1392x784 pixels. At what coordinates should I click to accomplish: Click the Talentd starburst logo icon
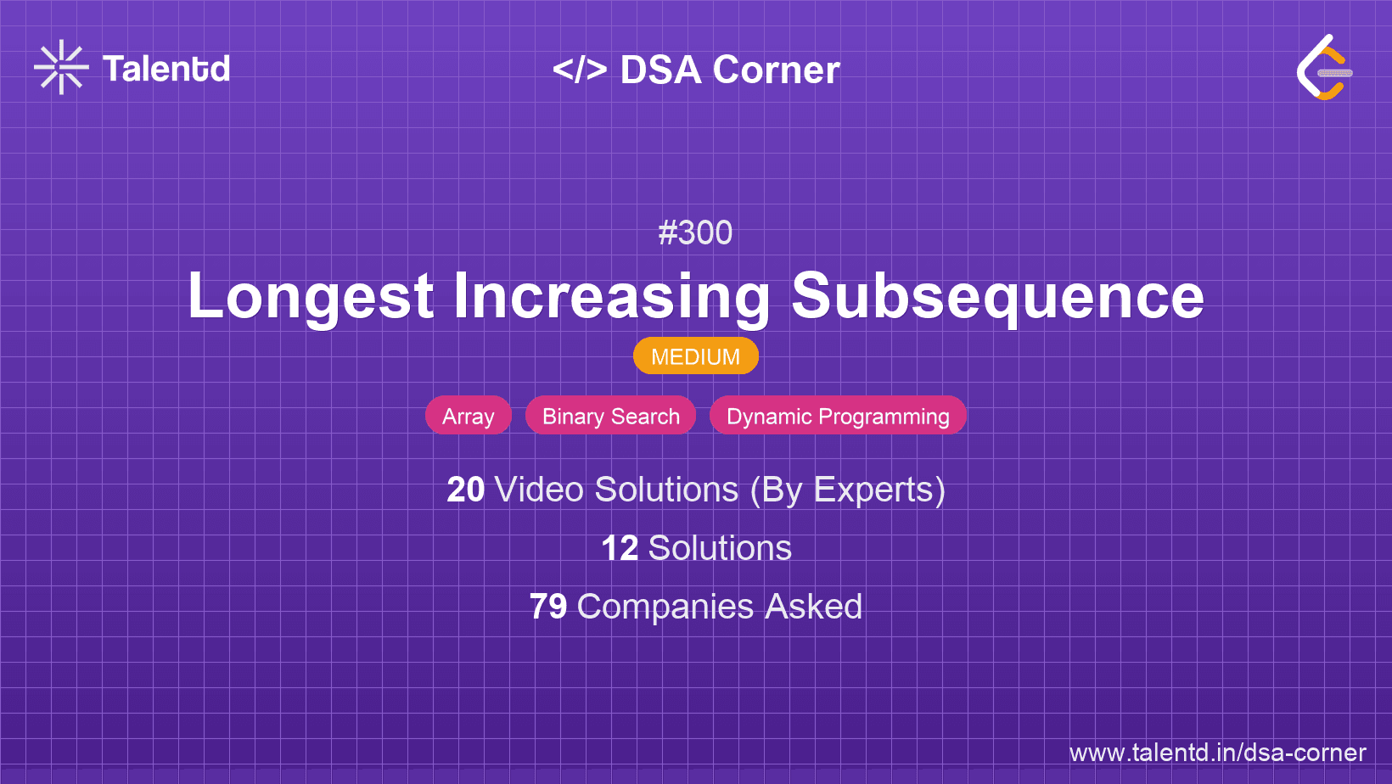tap(61, 67)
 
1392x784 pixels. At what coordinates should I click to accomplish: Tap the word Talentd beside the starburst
tap(166, 69)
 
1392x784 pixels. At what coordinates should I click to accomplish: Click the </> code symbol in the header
tap(580, 70)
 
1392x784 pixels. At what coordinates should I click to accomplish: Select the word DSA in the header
tap(660, 70)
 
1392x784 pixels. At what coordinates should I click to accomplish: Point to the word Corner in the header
tap(776, 70)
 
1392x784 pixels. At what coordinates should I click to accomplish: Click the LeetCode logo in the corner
tap(1323, 67)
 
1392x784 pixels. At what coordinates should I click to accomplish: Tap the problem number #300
tap(695, 233)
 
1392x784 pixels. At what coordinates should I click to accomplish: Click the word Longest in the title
tap(311, 296)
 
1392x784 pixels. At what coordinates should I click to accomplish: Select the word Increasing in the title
tap(611, 296)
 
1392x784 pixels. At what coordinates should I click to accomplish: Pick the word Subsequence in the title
tap(997, 296)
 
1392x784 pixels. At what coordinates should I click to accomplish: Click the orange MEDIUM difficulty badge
tap(696, 356)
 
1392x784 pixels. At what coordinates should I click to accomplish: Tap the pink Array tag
tap(468, 415)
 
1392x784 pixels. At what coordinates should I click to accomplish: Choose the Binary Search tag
tap(611, 415)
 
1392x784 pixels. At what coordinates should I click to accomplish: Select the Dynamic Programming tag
tap(838, 415)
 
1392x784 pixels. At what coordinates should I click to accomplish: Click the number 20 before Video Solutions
tap(465, 490)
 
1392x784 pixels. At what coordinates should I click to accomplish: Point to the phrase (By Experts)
tap(848, 490)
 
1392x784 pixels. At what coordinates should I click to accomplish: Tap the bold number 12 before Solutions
tap(620, 548)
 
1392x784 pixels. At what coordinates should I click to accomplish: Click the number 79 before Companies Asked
tap(548, 607)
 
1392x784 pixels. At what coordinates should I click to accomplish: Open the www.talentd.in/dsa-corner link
tap(1217, 753)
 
